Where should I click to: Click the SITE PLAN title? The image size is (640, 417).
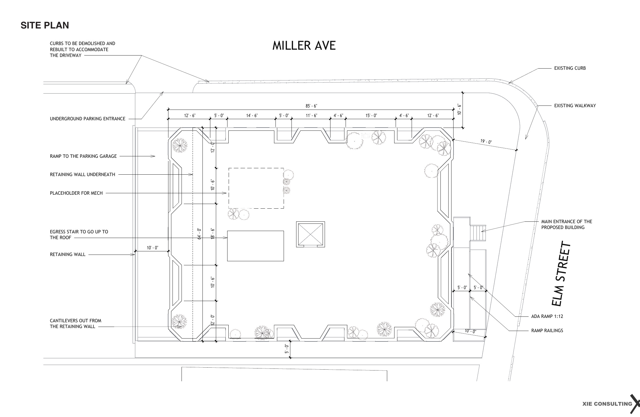click(x=45, y=26)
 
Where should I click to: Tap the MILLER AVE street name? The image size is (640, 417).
click(x=304, y=46)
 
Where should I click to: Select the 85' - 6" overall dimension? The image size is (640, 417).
click(x=311, y=106)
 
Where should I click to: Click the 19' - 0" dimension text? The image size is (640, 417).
click(x=486, y=142)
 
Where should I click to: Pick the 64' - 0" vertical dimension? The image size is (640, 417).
click(x=200, y=233)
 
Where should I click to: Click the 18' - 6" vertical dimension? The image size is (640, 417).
click(x=213, y=233)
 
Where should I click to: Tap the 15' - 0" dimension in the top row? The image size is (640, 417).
click(x=371, y=116)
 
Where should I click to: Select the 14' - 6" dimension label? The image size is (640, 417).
click(x=252, y=116)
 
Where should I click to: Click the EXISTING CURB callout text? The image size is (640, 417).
click(x=570, y=68)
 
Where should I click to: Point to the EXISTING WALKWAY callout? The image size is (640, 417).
click(x=575, y=106)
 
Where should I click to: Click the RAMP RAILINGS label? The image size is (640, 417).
click(x=547, y=330)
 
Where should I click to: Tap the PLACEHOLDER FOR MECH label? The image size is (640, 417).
click(x=76, y=193)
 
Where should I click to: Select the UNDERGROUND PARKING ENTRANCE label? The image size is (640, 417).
click(x=88, y=119)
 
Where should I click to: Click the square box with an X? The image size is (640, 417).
click(x=310, y=234)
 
